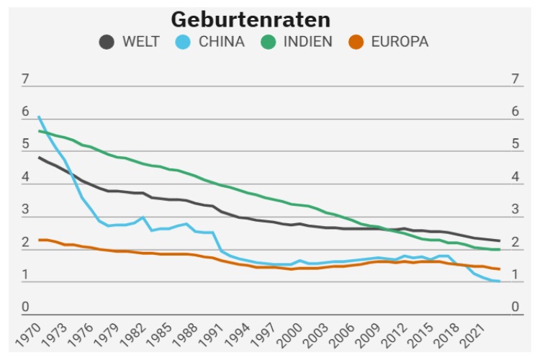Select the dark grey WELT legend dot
(x=107, y=42)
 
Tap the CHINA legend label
(x=221, y=42)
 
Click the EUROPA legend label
(x=400, y=42)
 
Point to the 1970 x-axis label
(x=28, y=333)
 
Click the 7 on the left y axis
(x=25, y=79)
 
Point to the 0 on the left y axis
(x=25, y=307)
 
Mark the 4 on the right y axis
(x=515, y=177)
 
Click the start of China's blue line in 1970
(x=39, y=117)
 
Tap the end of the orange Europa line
(x=500, y=269)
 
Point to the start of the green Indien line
(x=39, y=131)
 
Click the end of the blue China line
(x=500, y=282)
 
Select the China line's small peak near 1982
(x=143, y=217)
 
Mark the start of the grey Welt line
(x=39, y=158)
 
